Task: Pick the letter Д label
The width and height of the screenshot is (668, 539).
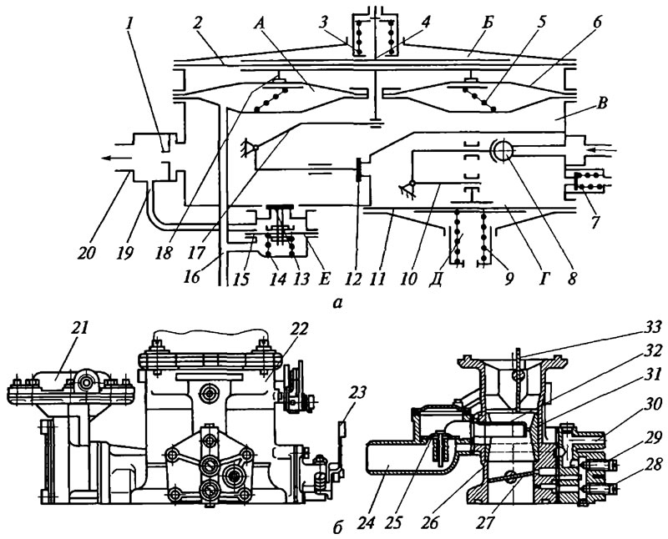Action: click(435, 279)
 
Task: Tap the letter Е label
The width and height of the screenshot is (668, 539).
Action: click(325, 279)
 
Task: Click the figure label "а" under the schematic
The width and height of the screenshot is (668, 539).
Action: click(338, 303)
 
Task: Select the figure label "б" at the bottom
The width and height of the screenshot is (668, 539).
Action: click(337, 527)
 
